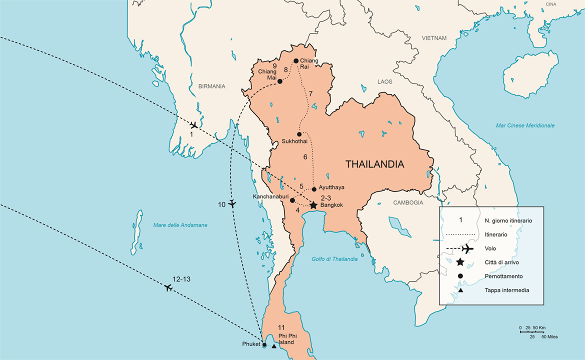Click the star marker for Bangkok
pyautogui.click(x=313, y=205)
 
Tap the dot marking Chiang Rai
pyautogui.click(x=296, y=61)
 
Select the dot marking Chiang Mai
pyautogui.click(x=280, y=81)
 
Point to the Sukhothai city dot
pyautogui.click(x=299, y=134)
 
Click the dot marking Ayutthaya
pyautogui.click(x=314, y=189)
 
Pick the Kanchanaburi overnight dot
pyautogui.click(x=292, y=200)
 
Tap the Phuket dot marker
pyautogui.click(x=264, y=344)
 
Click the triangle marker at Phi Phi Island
pyautogui.click(x=274, y=346)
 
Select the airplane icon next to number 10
pyautogui.click(x=232, y=203)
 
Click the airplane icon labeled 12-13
pyautogui.click(x=168, y=287)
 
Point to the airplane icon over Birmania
pyautogui.click(x=194, y=125)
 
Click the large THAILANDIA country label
pyautogui.click(x=374, y=164)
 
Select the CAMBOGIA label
pyautogui.click(x=408, y=202)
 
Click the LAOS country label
pyautogui.click(x=385, y=81)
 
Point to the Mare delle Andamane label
pyautogui.click(x=180, y=225)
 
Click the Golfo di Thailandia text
pyautogui.click(x=334, y=258)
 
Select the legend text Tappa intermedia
pyautogui.click(x=506, y=290)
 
